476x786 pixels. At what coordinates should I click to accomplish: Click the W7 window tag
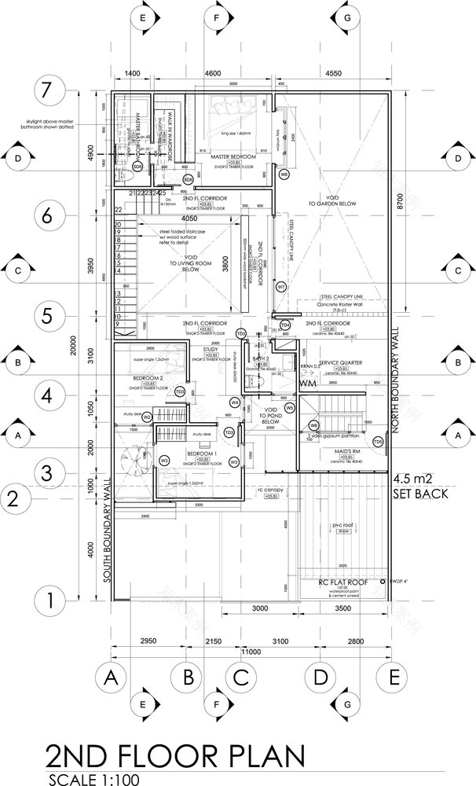(280, 287)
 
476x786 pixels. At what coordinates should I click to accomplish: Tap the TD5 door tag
(378, 443)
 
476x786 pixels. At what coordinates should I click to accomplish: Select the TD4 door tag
(285, 325)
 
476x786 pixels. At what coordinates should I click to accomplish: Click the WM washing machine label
(309, 383)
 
